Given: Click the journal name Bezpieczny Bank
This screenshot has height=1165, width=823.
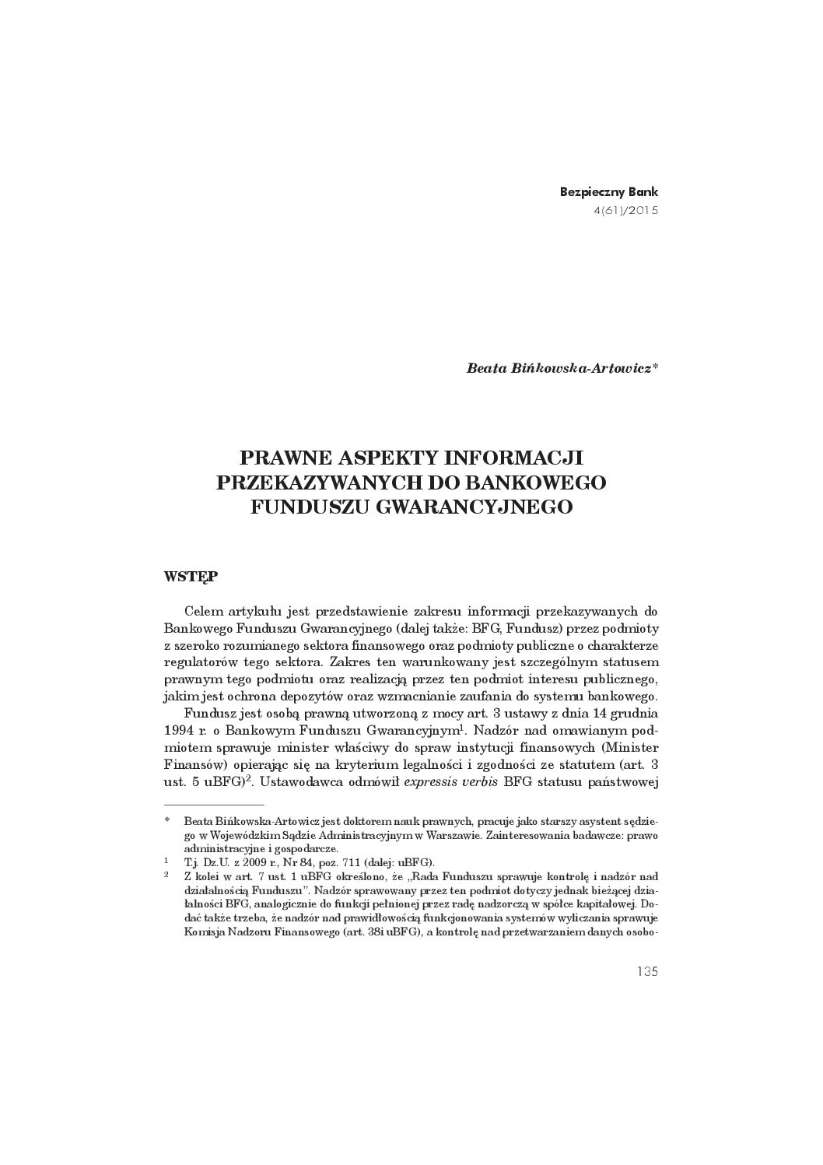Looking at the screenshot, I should point(609,191).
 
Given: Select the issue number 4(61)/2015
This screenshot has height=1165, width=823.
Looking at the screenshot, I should point(625,210).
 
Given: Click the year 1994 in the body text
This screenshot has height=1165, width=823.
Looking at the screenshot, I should point(180,731).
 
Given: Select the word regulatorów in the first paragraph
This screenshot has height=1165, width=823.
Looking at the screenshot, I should point(201,662).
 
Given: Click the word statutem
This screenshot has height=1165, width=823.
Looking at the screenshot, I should point(584,764).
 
